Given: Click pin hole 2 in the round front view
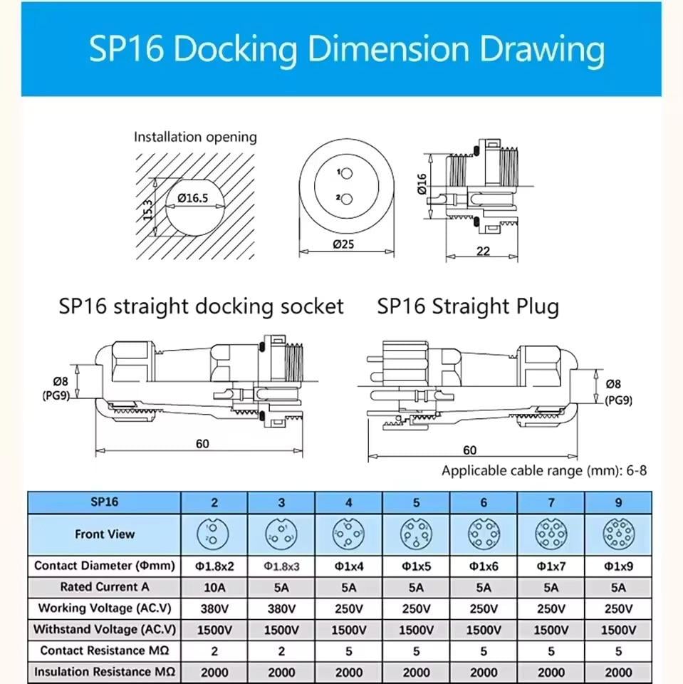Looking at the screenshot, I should [345, 199].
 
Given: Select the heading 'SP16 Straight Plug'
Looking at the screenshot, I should [468, 306].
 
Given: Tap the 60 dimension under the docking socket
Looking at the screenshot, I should [202, 444].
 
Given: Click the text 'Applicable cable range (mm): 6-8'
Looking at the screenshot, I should [544, 470].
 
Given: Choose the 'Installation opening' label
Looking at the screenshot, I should [195, 137].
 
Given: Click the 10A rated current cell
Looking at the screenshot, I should [214, 587].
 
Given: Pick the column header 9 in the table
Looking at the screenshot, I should [618, 502].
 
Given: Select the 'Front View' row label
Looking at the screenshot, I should [104, 534].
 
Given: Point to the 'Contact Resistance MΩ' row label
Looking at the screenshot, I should [104, 651].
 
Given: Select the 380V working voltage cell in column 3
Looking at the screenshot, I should [281, 608].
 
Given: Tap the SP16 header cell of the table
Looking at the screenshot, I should [104, 502].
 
